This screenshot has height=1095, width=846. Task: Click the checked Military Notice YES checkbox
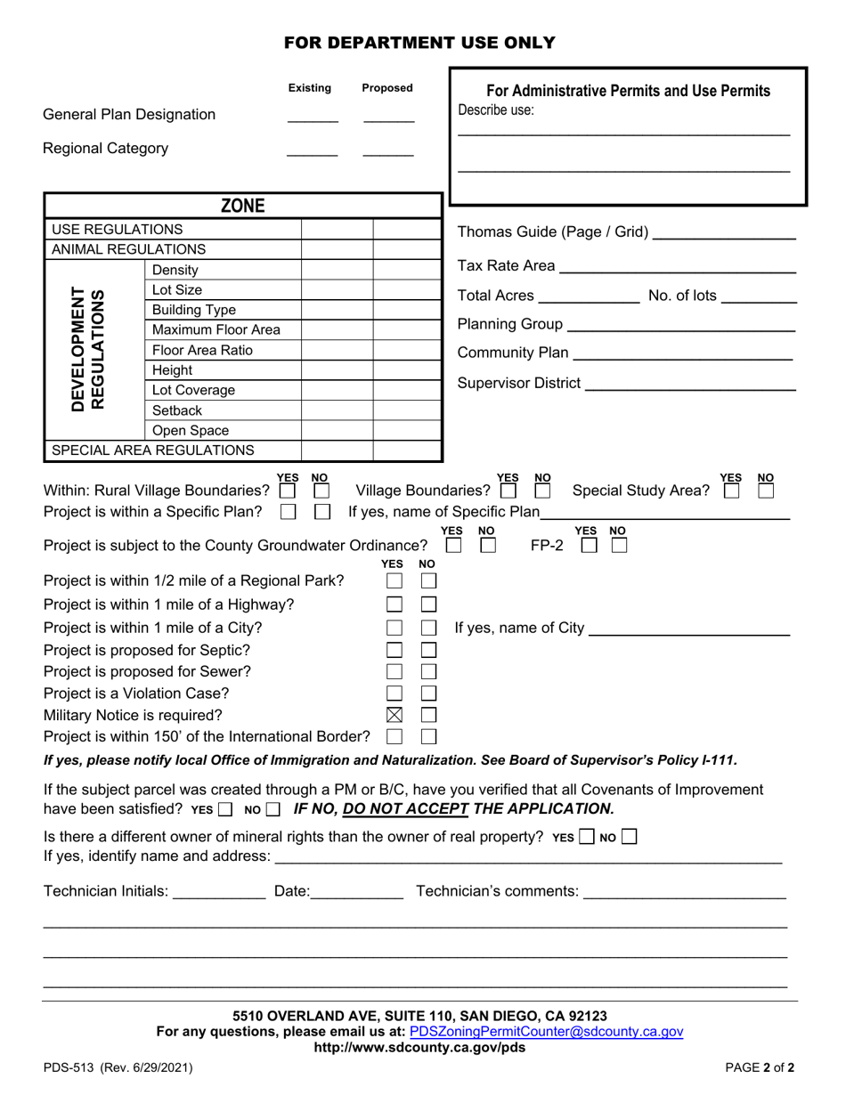point(394,714)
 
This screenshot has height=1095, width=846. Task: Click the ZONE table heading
point(242,207)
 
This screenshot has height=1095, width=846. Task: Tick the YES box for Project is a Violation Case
point(394,693)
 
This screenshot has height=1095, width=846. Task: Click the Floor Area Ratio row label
point(202,350)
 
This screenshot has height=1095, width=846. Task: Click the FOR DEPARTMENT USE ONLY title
point(419,43)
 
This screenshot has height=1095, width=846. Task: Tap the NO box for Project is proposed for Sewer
point(428,671)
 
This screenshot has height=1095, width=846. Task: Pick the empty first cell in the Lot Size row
point(337,289)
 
